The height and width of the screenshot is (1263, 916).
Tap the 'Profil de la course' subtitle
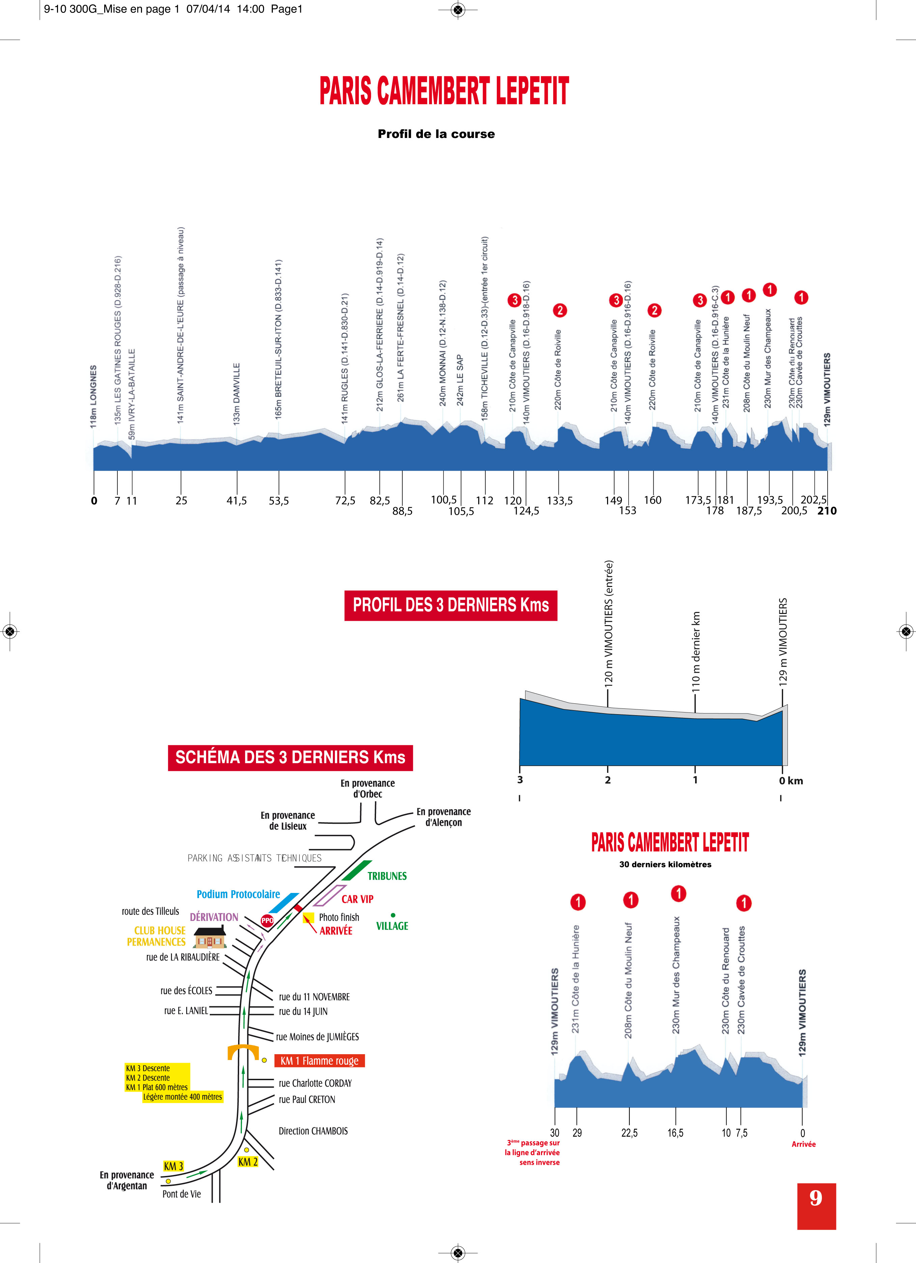(x=436, y=134)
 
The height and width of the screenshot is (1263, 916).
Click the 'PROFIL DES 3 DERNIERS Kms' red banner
(x=451, y=605)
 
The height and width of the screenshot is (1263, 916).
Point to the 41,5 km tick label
(x=237, y=501)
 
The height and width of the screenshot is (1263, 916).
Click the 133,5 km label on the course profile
(x=560, y=501)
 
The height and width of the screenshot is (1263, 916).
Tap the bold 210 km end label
(x=827, y=511)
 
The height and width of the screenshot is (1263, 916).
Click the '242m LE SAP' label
(x=460, y=380)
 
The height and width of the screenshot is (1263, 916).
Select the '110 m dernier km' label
(x=696, y=651)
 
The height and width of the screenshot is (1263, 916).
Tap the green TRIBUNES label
(x=387, y=876)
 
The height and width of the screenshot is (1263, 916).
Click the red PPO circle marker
(x=267, y=921)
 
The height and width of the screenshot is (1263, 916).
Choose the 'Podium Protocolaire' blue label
(x=238, y=894)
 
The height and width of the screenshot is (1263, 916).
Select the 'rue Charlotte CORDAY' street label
(x=315, y=1083)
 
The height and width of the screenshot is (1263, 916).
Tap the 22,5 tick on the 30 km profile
(x=629, y=1133)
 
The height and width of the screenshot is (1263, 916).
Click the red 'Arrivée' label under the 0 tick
(x=803, y=1144)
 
